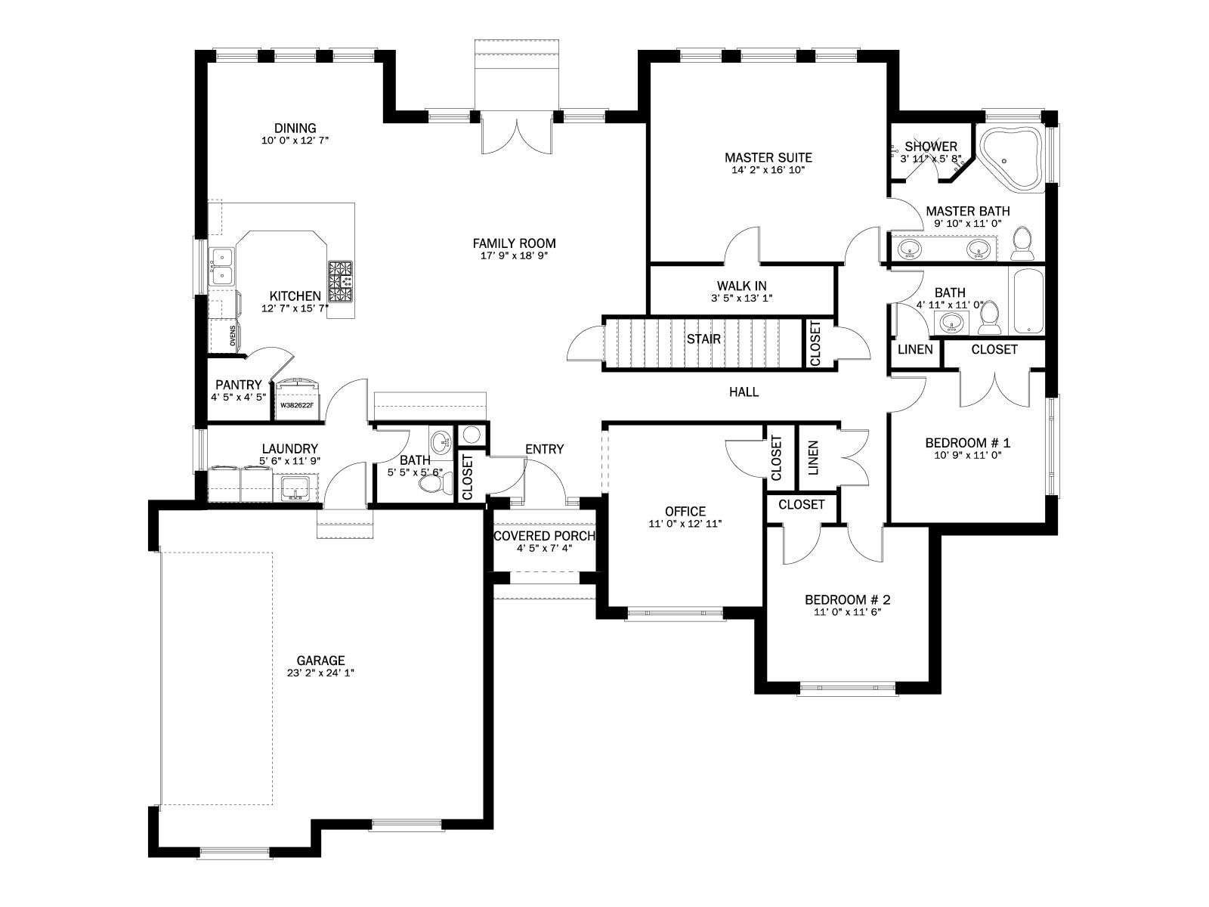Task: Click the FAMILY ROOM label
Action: click(514, 243)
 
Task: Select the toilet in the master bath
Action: click(1022, 243)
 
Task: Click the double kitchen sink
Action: click(221, 266)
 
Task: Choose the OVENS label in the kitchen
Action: click(233, 336)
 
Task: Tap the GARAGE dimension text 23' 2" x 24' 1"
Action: click(320, 673)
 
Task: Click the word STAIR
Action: click(703, 339)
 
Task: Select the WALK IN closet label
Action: click(741, 285)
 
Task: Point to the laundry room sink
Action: click(296, 488)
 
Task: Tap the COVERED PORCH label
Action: click(544, 536)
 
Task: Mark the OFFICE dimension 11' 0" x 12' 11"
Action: click(685, 524)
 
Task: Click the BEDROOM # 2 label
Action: click(848, 599)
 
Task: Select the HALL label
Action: click(744, 392)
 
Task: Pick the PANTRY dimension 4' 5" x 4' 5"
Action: click(239, 397)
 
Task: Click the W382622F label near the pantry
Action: click(297, 405)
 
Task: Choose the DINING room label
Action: click(295, 128)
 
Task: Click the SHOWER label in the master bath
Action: click(931, 147)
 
